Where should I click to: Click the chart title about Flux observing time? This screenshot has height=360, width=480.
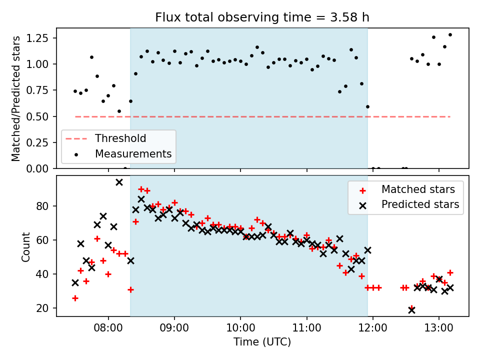click(x=262, y=17)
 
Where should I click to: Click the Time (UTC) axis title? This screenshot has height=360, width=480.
click(x=262, y=342)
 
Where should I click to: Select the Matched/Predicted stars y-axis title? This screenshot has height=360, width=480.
click(x=16, y=98)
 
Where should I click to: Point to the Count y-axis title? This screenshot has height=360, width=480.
click(x=25, y=246)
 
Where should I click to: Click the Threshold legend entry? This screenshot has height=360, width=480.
click(x=120, y=138)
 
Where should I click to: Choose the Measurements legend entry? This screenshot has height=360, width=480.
click(x=133, y=153)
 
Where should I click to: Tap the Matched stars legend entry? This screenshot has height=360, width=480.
click(x=418, y=189)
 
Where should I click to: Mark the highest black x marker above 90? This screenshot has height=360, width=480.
click(x=119, y=182)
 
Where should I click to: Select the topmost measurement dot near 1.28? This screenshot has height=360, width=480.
click(x=450, y=35)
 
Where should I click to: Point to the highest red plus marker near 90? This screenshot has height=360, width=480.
click(x=141, y=189)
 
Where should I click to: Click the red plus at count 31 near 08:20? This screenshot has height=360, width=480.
click(x=130, y=289)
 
